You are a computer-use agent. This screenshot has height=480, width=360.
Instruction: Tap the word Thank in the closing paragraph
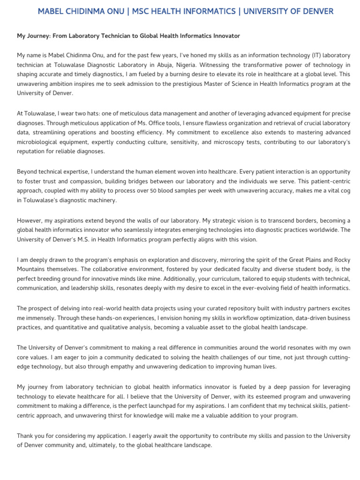(x=26, y=435)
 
